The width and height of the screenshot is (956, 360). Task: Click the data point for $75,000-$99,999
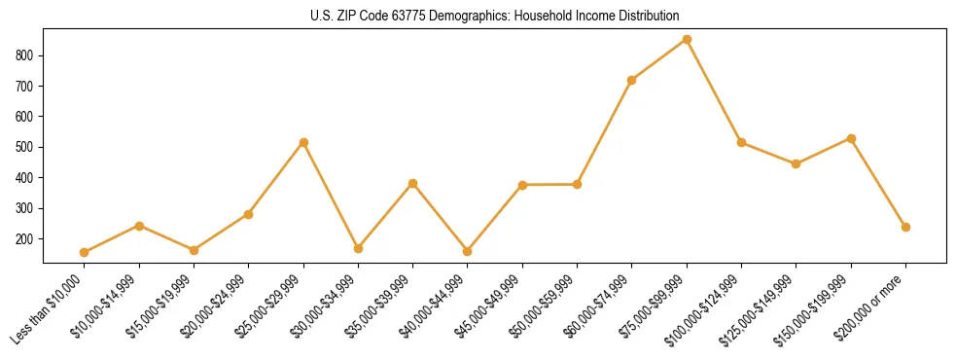tap(687, 40)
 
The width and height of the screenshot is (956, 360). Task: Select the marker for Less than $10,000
tap(85, 252)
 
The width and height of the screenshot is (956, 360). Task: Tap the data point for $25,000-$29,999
tap(303, 142)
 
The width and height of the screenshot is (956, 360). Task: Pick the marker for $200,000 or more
tap(905, 227)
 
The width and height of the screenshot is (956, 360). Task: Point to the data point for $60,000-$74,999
tap(632, 80)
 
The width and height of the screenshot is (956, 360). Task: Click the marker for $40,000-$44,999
tap(468, 251)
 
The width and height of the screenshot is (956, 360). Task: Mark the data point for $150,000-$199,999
tap(851, 138)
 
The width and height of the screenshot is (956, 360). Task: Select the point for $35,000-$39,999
tap(413, 183)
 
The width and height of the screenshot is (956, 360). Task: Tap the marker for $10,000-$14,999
tap(139, 226)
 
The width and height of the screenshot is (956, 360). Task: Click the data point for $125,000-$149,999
tap(797, 163)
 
